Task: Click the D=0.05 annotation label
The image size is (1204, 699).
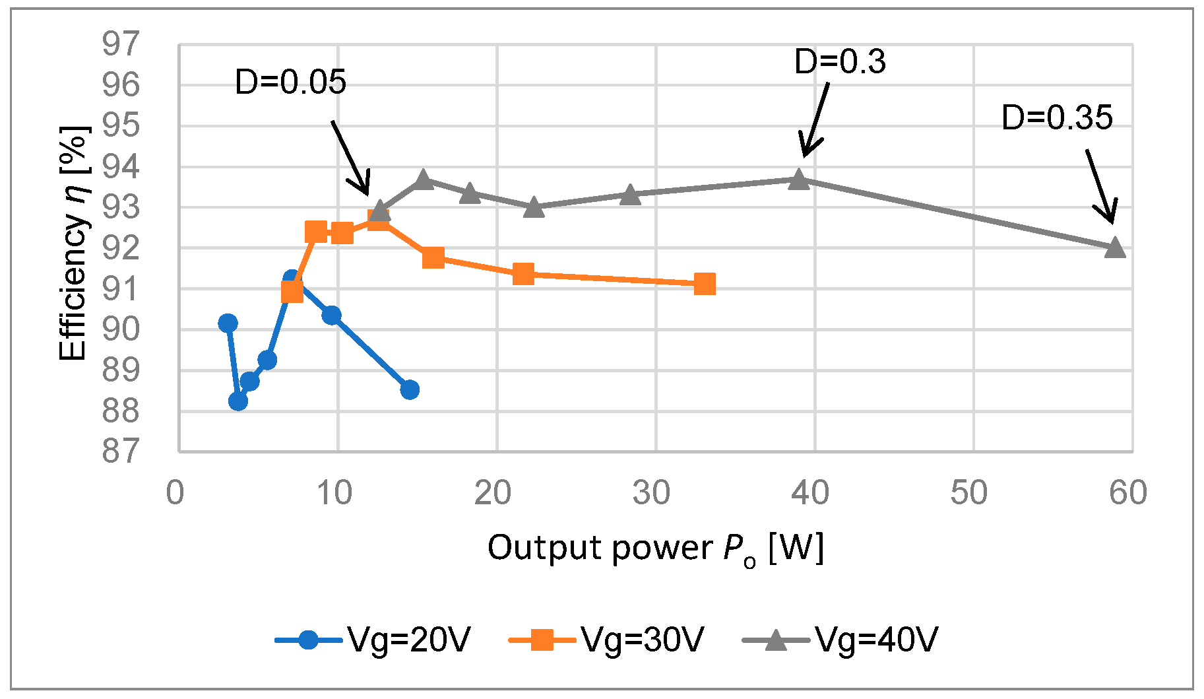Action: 290,83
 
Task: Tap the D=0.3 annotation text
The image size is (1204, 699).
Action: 839,61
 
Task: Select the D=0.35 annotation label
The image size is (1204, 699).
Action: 1056,117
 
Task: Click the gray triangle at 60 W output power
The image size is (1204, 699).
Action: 1114,248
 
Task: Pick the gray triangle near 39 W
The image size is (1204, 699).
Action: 798,179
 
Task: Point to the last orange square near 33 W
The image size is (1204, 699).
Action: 705,284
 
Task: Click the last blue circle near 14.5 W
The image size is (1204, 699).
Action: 409,389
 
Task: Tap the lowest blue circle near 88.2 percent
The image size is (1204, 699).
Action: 238,401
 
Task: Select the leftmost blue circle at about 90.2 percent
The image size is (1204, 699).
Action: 228,323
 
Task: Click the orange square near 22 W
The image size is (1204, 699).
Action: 523,273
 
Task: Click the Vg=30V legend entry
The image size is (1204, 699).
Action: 607,640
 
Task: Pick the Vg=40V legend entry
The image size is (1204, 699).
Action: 840,640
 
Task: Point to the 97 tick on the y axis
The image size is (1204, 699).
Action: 121,44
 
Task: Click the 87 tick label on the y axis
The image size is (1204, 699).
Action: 121,451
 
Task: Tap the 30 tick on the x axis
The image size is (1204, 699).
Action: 651,493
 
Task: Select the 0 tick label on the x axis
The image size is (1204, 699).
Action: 175,493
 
